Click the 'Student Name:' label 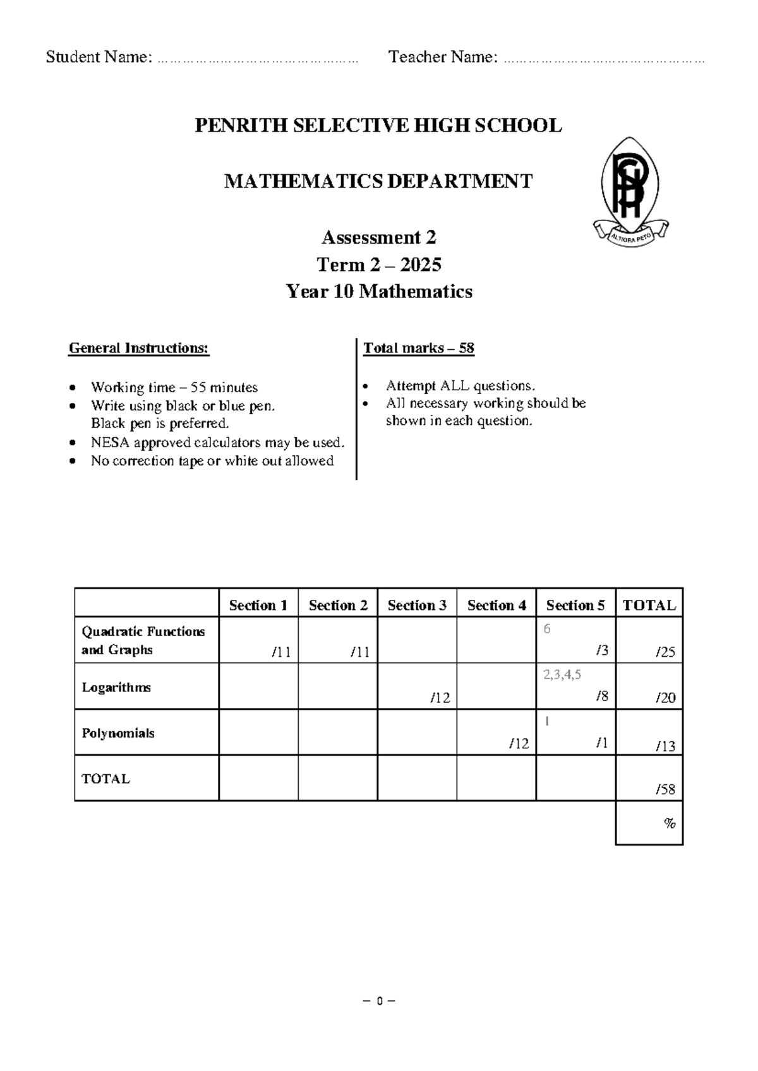click(99, 57)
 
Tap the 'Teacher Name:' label click(443, 57)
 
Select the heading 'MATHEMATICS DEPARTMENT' click(378, 182)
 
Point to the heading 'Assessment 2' click(378, 237)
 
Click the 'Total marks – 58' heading click(418, 348)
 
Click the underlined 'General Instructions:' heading click(139, 348)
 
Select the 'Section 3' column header click(417, 605)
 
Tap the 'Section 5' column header click(575, 605)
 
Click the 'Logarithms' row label click(116, 687)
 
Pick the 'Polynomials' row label click(118, 733)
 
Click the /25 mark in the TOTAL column click(665, 652)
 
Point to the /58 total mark click(665, 789)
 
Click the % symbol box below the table click(669, 823)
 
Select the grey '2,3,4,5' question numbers click(562, 674)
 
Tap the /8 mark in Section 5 click(601, 696)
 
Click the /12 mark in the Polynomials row click(519, 743)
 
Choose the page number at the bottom click(378, 1001)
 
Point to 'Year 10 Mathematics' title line click(378, 291)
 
